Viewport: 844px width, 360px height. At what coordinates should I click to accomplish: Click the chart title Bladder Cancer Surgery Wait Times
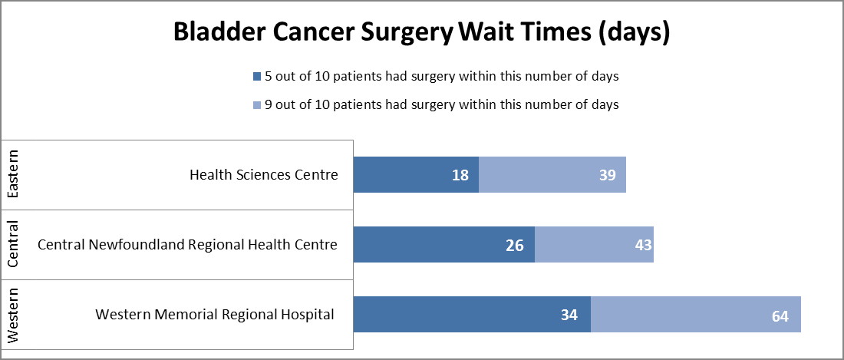point(421,33)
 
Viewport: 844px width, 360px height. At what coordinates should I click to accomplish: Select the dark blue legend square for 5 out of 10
point(257,77)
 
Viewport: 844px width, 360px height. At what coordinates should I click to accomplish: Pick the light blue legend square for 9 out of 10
point(257,104)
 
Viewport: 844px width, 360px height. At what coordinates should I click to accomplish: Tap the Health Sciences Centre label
point(263,175)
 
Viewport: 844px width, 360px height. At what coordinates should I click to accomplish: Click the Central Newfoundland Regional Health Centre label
point(187,245)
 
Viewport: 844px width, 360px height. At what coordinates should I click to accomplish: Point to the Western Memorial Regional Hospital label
point(215,314)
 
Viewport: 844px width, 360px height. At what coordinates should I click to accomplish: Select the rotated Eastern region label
point(13,175)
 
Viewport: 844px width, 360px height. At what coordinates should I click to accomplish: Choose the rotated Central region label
point(13,245)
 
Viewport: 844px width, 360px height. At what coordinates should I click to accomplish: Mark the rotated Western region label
point(13,315)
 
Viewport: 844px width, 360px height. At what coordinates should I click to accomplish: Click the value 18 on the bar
point(460,176)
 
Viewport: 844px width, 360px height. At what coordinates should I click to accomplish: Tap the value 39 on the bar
point(608,176)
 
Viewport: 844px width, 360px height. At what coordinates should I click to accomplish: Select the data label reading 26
point(515,246)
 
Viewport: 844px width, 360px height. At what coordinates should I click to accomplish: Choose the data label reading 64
point(781,315)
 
